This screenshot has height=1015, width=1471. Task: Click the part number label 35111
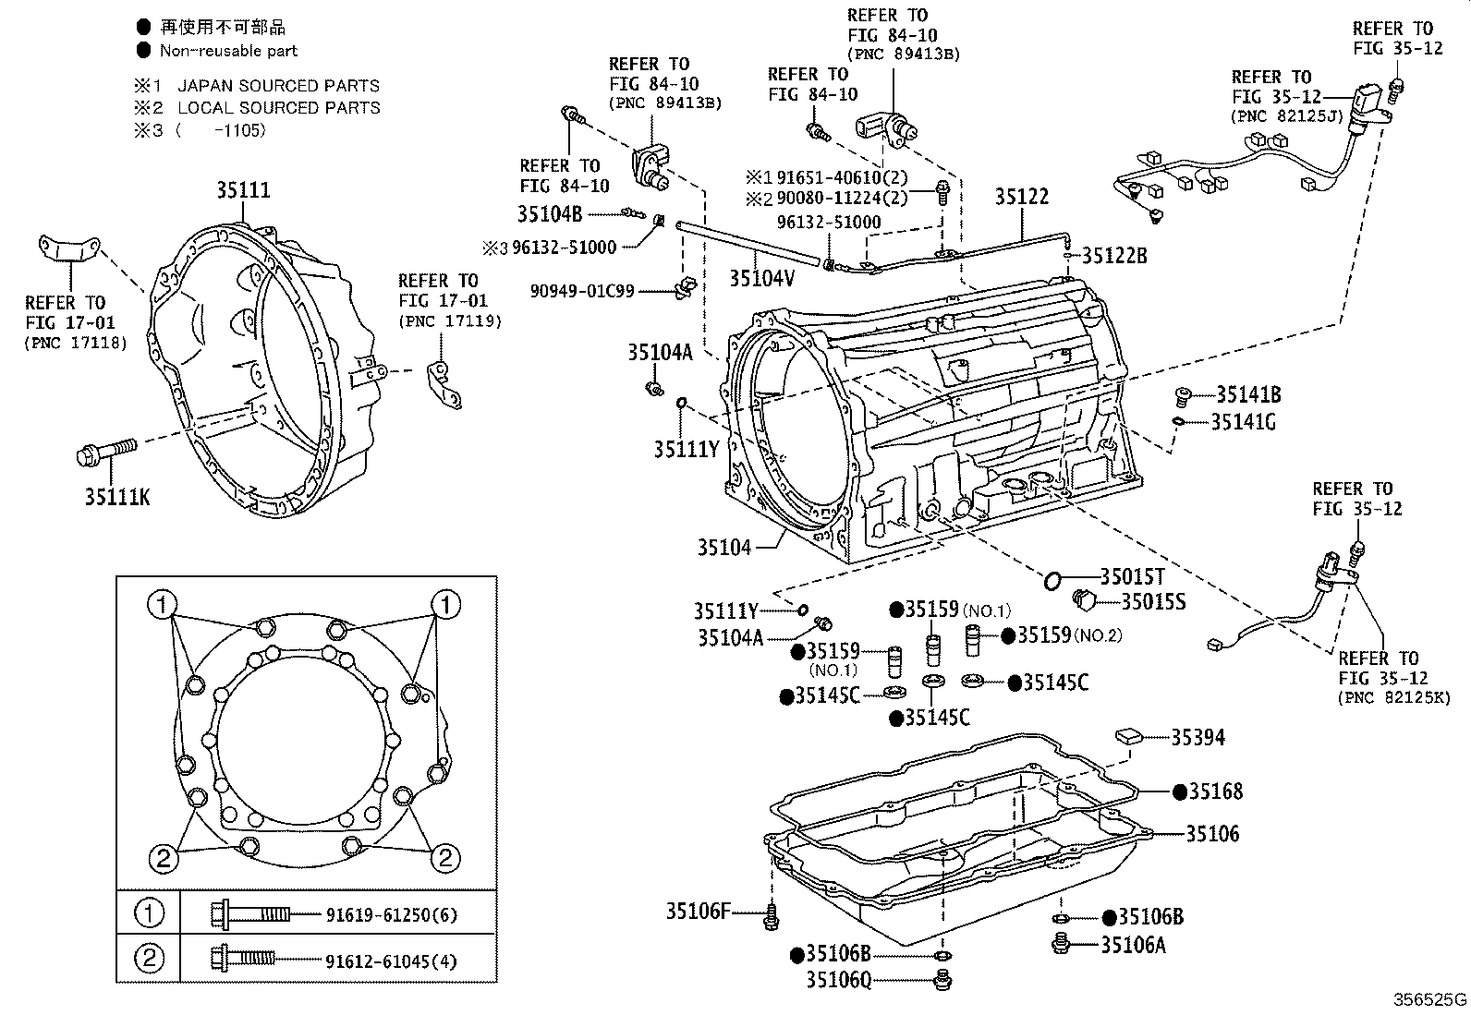click(244, 190)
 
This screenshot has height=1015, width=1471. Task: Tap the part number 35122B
click(1114, 256)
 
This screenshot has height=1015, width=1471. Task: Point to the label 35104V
click(761, 278)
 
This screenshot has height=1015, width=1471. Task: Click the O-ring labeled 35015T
click(1052, 580)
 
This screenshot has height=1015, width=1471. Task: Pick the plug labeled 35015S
click(1083, 600)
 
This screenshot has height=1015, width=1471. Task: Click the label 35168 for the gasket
click(1216, 791)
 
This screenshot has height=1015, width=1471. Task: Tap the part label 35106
click(1212, 833)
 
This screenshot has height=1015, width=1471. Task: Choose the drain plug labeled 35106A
click(1062, 944)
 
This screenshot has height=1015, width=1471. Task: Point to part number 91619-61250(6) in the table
click(391, 914)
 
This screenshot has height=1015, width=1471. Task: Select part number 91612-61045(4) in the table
click(391, 961)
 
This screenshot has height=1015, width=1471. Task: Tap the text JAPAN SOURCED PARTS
click(278, 86)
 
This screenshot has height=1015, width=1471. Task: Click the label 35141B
click(1247, 395)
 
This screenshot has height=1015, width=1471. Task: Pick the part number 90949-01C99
click(582, 291)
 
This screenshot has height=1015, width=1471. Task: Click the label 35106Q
click(838, 980)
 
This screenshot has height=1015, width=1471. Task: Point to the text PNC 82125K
click(1393, 698)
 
